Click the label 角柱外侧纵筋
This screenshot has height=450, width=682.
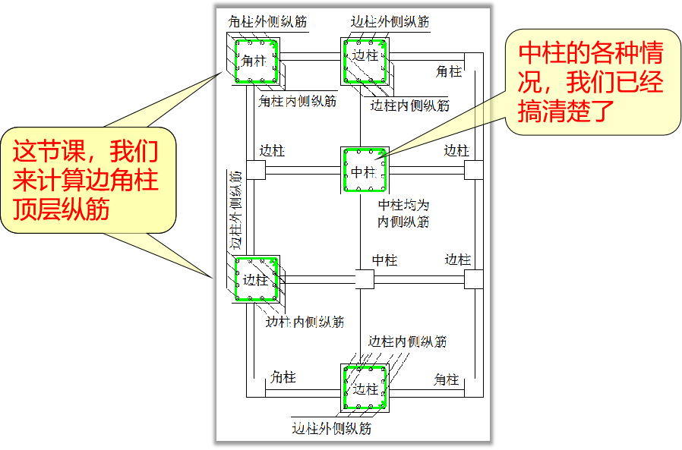pos(267,22)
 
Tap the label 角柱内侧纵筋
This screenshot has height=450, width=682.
pos(297,101)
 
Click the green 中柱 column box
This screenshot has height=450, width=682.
pos(365,171)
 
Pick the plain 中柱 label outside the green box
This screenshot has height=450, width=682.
pos(384,260)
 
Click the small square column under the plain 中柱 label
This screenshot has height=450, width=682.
pos(365,280)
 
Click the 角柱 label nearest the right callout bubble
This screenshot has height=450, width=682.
pos(449,72)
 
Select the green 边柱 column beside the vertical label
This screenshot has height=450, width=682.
pos(256,279)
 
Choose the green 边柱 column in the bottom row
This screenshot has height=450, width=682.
pos(365,387)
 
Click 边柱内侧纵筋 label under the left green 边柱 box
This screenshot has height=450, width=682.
pos(305,322)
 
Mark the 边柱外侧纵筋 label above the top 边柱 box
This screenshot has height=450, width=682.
pos(390,22)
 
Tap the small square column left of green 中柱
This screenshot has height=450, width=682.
pos(256,171)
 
